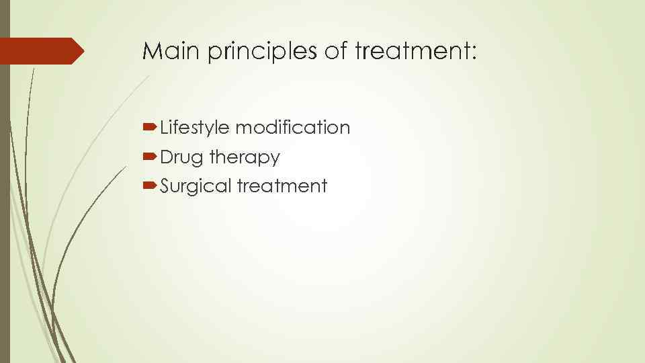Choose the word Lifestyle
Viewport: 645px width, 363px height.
click(x=195, y=128)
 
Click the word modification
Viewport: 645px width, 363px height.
click(x=292, y=127)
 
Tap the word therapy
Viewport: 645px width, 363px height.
click(x=245, y=158)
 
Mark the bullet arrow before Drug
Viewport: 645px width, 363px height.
click(x=150, y=157)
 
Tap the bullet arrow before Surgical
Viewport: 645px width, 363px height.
click(x=150, y=186)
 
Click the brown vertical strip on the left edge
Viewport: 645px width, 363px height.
click(x=5, y=202)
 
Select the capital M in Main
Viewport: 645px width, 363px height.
click(x=150, y=51)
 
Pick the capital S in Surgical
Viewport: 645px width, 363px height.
click(x=165, y=186)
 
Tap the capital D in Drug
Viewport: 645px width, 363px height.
click(x=167, y=157)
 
